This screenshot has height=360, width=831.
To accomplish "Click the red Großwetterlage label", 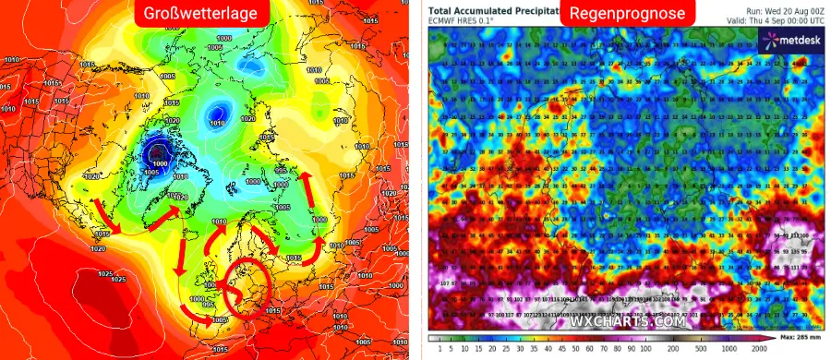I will tap(203, 14).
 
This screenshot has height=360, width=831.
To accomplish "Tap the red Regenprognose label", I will tap(626, 14).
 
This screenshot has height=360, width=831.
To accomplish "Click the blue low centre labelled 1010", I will tap(217, 114).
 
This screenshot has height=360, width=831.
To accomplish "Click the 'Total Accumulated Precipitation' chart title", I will tap(494, 8).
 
